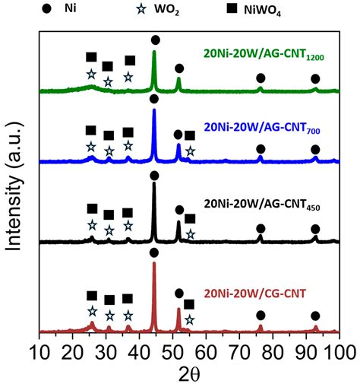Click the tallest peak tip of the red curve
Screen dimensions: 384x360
(x=154, y=263)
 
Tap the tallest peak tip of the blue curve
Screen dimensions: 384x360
(x=154, y=109)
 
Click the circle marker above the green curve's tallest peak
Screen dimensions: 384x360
(x=156, y=40)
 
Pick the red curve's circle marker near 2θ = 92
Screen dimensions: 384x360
(x=315, y=315)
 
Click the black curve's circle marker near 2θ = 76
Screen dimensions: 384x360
(x=261, y=228)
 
